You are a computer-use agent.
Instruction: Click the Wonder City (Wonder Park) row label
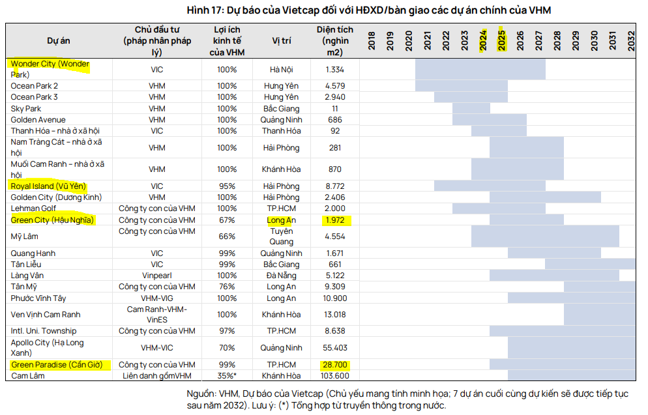point(50,68)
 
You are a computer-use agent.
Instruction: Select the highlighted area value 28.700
point(336,365)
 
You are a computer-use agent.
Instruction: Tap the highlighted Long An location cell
point(281,220)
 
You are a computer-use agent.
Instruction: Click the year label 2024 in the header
point(483,40)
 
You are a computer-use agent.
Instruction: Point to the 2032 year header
point(632,40)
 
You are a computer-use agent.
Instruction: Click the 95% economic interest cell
point(227,186)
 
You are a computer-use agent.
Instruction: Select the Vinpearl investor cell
point(156,276)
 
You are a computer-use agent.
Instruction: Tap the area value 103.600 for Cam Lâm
point(335,376)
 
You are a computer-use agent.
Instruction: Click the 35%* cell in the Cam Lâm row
point(227,376)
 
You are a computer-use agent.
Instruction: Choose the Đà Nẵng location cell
point(281,276)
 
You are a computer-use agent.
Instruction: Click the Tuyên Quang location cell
point(281,236)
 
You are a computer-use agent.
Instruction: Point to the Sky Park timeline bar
point(471,109)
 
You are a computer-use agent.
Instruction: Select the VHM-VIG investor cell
point(156,298)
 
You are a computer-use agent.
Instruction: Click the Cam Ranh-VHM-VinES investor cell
point(156,315)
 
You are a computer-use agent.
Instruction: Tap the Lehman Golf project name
point(33,208)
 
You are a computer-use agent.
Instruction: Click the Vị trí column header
point(281,40)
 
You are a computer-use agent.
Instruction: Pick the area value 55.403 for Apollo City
point(335,348)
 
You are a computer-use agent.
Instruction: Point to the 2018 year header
point(372,40)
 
